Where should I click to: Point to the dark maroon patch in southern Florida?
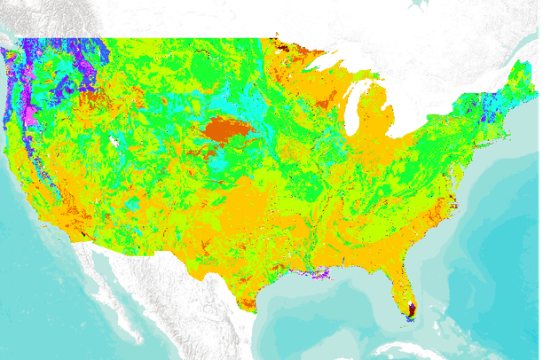[412, 309]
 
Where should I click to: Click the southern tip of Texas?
[248, 306]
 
